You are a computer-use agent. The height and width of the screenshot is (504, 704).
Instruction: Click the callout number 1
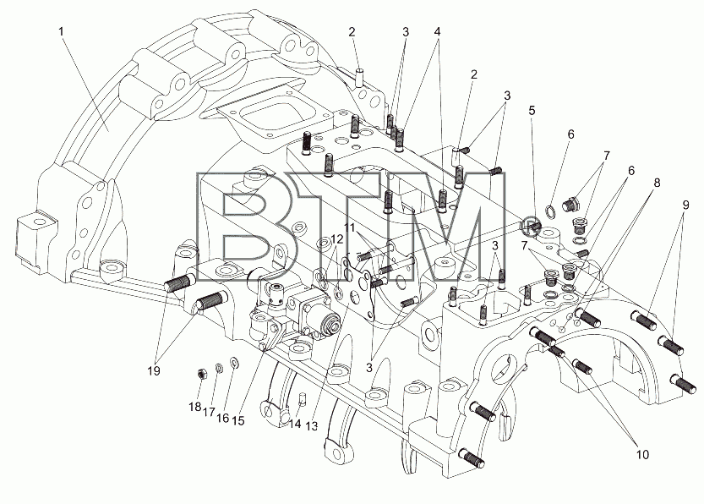pyautogui.click(x=62, y=31)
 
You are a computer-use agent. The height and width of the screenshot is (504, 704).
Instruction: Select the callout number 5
pyautogui.click(x=532, y=110)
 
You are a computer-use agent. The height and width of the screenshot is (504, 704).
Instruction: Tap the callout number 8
pyautogui.click(x=657, y=183)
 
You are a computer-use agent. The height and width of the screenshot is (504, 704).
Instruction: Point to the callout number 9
pyautogui.click(x=685, y=205)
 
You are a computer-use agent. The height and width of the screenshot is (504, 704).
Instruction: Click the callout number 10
pyautogui.click(x=642, y=455)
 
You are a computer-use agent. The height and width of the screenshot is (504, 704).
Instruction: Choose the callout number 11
pyautogui.click(x=351, y=227)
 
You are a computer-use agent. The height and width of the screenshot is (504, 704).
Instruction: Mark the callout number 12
pyautogui.click(x=337, y=239)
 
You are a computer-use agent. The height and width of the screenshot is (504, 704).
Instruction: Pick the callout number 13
pyautogui.click(x=311, y=425)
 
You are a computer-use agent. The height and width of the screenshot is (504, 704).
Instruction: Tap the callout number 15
pyautogui.click(x=238, y=420)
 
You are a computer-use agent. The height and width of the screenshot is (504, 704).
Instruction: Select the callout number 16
pyautogui.click(x=222, y=418)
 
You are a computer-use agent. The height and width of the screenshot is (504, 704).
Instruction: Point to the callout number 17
pyautogui.click(x=208, y=412)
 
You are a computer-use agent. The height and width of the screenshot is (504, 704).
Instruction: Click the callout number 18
pyautogui.click(x=194, y=407)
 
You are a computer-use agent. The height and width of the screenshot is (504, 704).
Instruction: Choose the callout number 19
pyautogui.click(x=154, y=371)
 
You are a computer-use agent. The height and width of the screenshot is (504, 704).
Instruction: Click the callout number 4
pyautogui.click(x=437, y=31)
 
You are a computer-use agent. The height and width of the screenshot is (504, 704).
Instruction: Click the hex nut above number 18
pyautogui.click(x=202, y=373)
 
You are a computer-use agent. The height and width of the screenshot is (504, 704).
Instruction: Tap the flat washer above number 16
pyautogui.click(x=234, y=362)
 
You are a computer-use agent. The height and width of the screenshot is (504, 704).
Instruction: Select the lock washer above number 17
pyautogui.click(x=219, y=368)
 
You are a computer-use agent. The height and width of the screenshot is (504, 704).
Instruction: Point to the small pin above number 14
pyautogui.click(x=303, y=398)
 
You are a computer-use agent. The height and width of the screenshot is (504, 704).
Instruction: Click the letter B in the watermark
pyautogui.click(x=243, y=227)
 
